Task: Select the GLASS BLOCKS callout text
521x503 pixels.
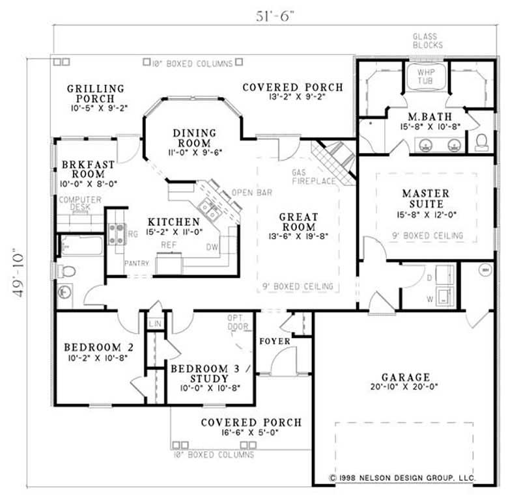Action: click(x=428, y=41)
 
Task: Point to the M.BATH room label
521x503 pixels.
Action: click(x=425, y=116)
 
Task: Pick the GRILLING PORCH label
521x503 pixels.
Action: click(x=96, y=93)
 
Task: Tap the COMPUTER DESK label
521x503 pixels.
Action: click(x=80, y=204)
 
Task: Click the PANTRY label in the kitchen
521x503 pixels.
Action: click(x=137, y=264)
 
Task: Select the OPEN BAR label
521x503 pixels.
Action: click(x=251, y=193)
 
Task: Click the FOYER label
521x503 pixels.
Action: click(x=270, y=340)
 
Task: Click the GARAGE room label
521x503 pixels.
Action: click(x=405, y=377)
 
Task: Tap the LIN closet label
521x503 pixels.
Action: click(x=154, y=323)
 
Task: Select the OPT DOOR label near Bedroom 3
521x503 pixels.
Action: click(x=234, y=322)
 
